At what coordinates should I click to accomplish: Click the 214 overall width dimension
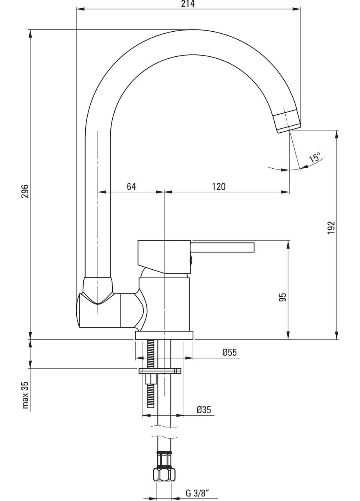[187, 4]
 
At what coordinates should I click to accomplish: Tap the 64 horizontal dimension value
[131, 186]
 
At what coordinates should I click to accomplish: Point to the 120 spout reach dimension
[219, 186]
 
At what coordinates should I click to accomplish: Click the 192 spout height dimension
[331, 228]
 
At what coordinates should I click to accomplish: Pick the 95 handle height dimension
[283, 297]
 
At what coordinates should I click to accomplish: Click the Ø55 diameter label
[229, 352]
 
